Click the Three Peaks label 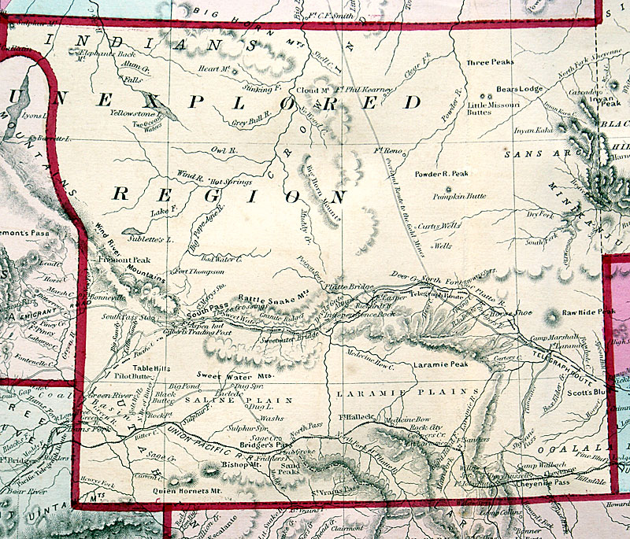[x=491, y=61]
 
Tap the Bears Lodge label [x=520, y=89]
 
